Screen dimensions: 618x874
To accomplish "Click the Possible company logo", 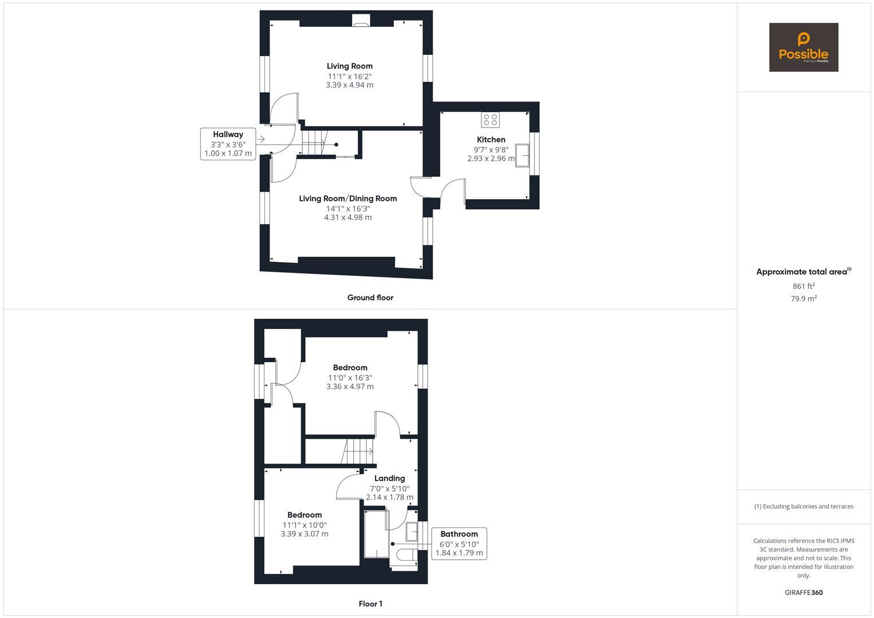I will (x=803, y=47).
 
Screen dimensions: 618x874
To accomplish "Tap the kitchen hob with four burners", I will (x=491, y=120).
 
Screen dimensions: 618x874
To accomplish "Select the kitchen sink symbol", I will (x=523, y=155).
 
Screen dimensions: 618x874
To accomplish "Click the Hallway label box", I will (x=228, y=144).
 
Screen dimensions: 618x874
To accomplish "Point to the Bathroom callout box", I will (x=459, y=544).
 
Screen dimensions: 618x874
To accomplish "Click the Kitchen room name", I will (x=491, y=140).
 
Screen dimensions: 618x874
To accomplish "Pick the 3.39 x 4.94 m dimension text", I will (x=350, y=85).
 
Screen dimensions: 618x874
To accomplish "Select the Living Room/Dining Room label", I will (x=348, y=199).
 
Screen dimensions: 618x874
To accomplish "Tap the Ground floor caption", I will (x=370, y=298).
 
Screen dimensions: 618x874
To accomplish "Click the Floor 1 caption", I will (x=370, y=604).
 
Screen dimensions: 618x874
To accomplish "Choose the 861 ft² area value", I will (x=804, y=286).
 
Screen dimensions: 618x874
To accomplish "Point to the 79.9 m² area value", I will (x=804, y=299).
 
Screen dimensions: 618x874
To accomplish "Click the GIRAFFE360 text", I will (x=804, y=593).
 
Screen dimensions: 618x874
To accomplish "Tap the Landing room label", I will (x=389, y=478).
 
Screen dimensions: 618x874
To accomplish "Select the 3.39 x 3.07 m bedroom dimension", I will (x=304, y=534).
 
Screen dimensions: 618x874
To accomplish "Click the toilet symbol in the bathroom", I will (x=405, y=554).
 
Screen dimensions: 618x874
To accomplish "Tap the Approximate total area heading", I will (x=802, y=272).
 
